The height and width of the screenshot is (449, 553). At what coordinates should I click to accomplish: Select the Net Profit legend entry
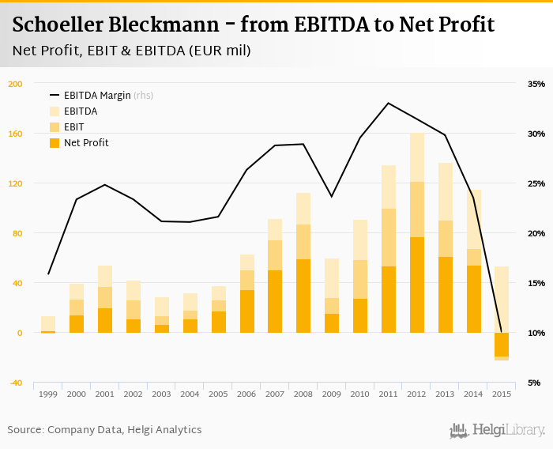pos(86,143)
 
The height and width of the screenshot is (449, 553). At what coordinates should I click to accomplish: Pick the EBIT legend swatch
pos(55,127)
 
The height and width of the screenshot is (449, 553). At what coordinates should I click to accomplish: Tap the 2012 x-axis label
pos(416,394)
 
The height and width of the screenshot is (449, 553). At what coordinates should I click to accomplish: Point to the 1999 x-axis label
pos(48,394)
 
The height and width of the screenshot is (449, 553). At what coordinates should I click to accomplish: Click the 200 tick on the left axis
pos(16,84)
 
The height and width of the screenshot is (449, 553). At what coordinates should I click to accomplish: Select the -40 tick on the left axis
pos(16,383)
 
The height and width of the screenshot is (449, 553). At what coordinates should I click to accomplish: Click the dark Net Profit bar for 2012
pos(416,285)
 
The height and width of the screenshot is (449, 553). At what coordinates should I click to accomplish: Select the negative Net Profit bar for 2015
pos(502,345)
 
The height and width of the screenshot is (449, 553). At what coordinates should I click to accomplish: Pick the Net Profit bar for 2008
pos(303,296)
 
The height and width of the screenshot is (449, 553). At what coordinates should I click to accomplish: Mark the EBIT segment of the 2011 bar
pos(388,237)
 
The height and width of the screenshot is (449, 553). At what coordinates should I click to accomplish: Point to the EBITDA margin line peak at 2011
pos(388,103)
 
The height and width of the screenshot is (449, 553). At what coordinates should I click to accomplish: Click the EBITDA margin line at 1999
pos(48,274)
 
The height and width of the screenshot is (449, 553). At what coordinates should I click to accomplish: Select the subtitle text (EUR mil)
pos(224,51)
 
